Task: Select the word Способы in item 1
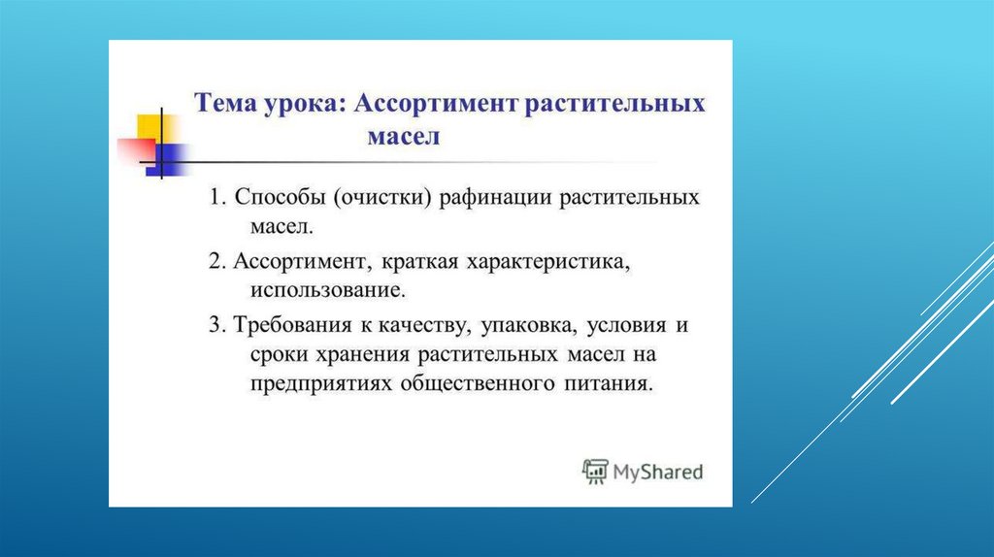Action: tap(280, 197)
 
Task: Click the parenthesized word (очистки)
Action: tap(382, 198)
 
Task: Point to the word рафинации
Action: tap(495, 198)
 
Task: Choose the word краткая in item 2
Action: tap(419, 262)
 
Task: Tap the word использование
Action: tap(328, 290)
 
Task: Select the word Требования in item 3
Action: tap(292, 325)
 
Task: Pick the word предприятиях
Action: tap(321, 384)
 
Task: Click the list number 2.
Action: tap(216, 262)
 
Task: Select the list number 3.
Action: tap(216, 325)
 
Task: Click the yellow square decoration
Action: tap(149, 129)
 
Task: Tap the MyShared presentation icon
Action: tap(595, 472)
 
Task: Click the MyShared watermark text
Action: tap(658, 472)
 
